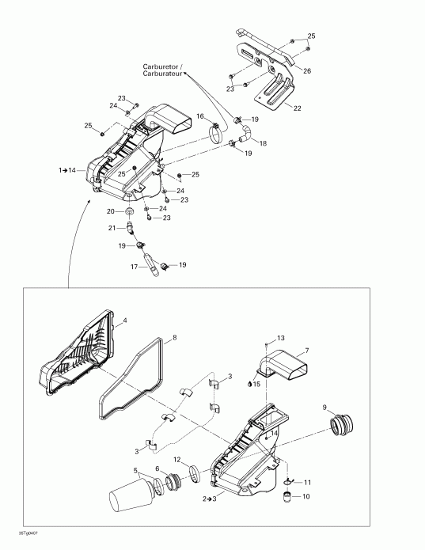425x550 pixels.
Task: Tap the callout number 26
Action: pos(307,71)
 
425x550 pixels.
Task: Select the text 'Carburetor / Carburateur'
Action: pos(163,70)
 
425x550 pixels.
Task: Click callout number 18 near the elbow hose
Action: pos(263,143)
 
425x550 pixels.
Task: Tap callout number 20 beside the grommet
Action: pos(111,211)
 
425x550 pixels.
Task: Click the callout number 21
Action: pos(112,228)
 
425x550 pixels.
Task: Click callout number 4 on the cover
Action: pos(123,323)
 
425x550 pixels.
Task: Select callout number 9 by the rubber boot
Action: pos(324,408)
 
